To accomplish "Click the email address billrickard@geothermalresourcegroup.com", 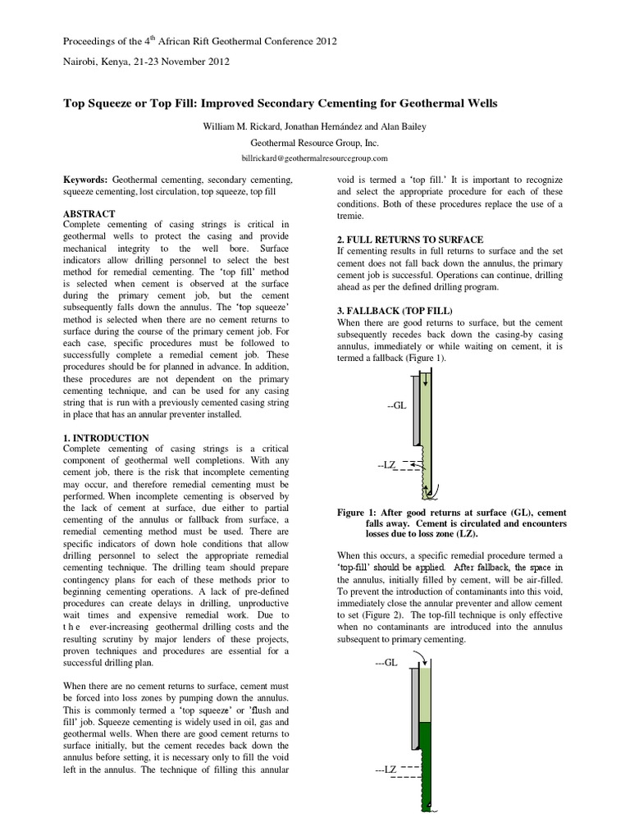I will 314,157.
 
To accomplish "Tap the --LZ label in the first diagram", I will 387,465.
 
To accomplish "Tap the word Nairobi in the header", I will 81,61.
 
